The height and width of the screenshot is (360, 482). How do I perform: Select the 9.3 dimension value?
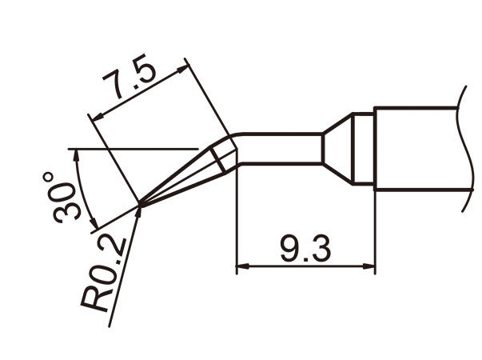(x=306, y=250)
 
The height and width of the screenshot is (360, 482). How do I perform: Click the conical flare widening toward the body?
(x=337, y=147)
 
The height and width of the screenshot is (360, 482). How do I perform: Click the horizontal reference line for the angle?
(x=136, y=149)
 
